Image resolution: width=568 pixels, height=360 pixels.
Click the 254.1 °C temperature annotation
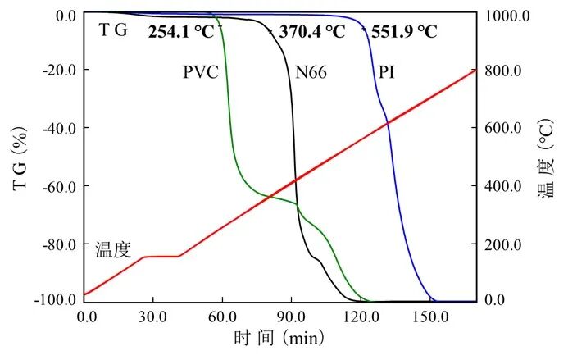[x=181, y=33]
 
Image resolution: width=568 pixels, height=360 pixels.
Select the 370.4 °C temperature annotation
[x=310, y=33]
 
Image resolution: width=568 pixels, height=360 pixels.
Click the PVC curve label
[x=200, y=72]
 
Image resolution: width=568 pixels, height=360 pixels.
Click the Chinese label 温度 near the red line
[x=113, y=249]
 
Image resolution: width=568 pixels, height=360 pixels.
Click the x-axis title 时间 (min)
[x=279, y=338]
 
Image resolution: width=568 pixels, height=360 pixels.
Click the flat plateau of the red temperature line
[x=161, y=257]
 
